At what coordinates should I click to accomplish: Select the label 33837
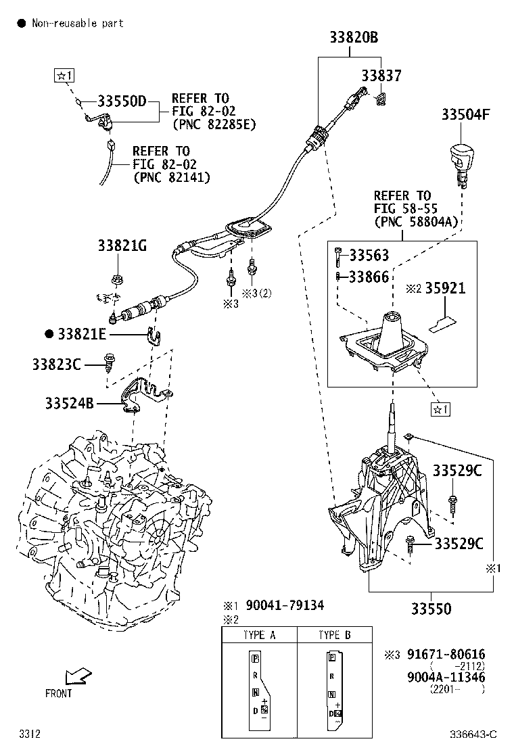pyautogui.click(x=381, y=76)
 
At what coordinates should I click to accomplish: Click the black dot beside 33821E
pyautogui.click(x=49, y=334)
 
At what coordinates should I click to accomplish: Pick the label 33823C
pyautogui.click(x=56, y=365)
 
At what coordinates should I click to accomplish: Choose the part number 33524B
pyautogui.click(x=70, y=404)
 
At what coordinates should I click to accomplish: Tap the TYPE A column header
pyautogui.click(x=259, y=635)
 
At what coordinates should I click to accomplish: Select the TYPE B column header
pyautogui.click(x=335, y=635)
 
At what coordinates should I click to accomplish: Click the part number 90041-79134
pyautogui.click(x=285, y=605)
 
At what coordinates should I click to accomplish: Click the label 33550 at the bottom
pyautogui.click(x=433, y=609)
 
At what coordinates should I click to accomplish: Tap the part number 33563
pyautogui.click(x=370, y=256)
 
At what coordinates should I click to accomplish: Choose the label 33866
pyautogui.click(x=370, y=277)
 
